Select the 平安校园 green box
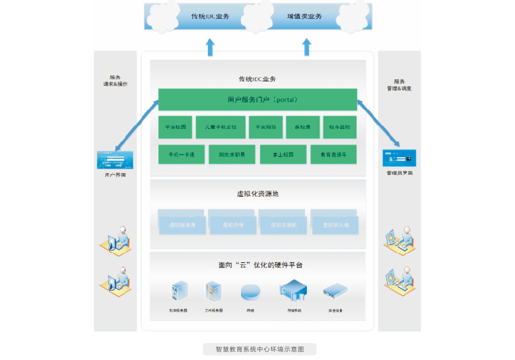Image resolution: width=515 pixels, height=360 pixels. click(175, 127)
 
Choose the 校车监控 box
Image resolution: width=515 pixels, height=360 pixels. click(341, 127)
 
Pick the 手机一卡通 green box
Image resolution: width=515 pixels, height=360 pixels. click(181, 155)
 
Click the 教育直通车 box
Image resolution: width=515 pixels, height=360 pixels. click(333, 155)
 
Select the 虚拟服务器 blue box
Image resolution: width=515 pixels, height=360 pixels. click(182, 225)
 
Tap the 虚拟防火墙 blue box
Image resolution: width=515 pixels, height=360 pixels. click(335, 225)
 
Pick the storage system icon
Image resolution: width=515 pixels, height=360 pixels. click(294, 291)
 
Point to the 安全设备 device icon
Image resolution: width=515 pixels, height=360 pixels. click(335, 291)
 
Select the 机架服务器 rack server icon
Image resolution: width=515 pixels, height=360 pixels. click(179, 291)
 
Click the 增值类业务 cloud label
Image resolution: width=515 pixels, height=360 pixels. click(305, 16)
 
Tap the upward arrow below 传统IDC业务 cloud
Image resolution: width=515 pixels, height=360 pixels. click(210, 47)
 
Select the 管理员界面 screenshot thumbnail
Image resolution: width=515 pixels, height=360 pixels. click(399, 159)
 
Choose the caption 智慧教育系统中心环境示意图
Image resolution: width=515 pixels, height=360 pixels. click(259, 349)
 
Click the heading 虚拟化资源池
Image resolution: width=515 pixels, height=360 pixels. click(257, 194)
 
